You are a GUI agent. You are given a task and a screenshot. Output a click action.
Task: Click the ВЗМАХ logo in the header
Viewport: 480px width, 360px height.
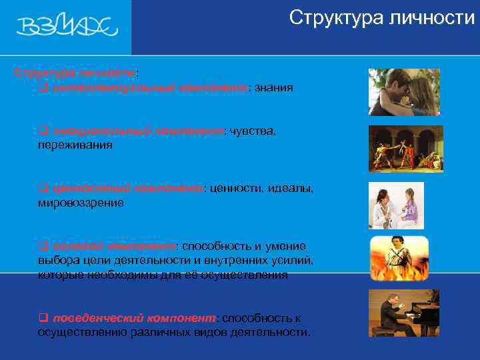click(66, 27)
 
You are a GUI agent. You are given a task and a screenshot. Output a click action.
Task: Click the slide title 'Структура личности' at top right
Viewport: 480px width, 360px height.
click(382, 18)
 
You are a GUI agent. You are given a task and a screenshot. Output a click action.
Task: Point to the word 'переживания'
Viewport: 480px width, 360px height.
click(75, 145)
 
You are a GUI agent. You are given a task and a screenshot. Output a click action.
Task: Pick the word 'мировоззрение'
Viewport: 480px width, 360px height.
click(81, 203)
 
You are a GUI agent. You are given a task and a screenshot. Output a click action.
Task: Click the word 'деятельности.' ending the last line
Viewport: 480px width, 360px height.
click(277, 332)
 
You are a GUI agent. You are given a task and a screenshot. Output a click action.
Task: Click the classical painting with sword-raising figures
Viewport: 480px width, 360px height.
click(406, 149)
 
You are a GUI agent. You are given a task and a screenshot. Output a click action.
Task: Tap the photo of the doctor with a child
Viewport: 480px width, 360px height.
click(396, 205)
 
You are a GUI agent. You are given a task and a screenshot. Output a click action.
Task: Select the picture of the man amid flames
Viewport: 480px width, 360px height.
click(399, 258)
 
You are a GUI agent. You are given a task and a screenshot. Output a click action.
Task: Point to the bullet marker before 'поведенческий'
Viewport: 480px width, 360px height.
click(42, 319)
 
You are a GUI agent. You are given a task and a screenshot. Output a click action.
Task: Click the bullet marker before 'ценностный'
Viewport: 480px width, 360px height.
click(42, 189)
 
